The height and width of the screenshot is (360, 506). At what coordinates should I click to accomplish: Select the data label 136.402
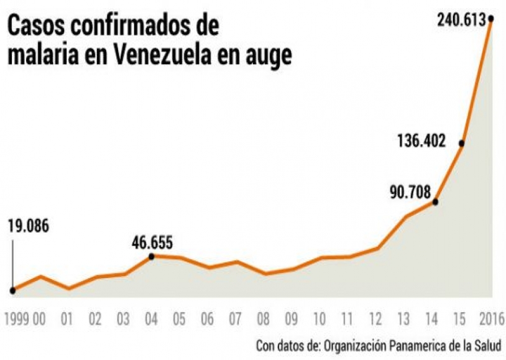[x=421, y=141]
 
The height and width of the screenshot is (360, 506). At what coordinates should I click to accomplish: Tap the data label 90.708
[x=410, y=192]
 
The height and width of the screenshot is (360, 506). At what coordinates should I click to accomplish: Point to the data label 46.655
[x=152, y=242]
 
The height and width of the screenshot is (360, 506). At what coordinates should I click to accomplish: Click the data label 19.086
[x=28, y=226]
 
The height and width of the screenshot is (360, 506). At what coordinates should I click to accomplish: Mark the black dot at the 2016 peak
[x=490, y=19]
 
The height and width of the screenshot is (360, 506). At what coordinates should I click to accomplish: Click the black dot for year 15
[x=461, y=144]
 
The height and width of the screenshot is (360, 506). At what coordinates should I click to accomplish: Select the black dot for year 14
[x=435, y=201]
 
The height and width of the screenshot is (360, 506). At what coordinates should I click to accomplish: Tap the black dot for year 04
[x=151, y=256]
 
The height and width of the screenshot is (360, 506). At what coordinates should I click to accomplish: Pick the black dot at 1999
[x=12, y=290]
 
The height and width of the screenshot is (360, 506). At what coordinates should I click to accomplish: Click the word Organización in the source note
[x=359, y=345]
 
